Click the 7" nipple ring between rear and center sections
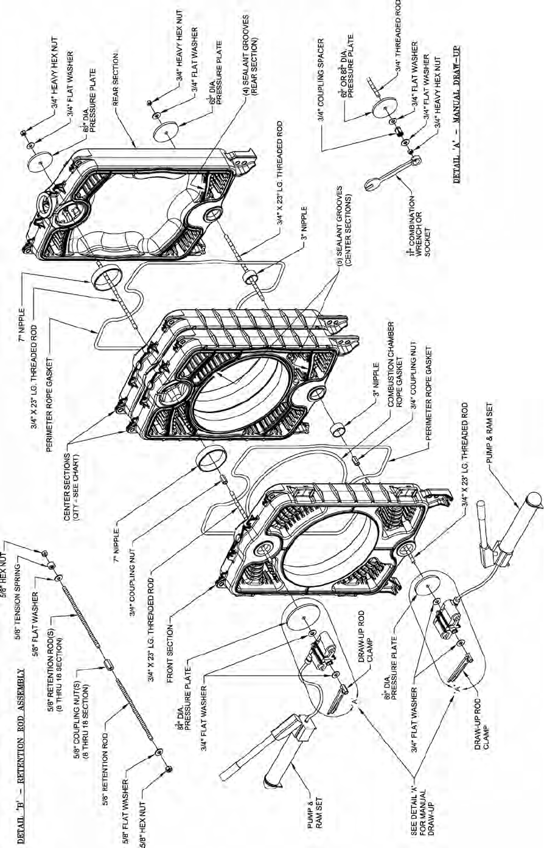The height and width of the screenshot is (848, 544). point(102,282)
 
